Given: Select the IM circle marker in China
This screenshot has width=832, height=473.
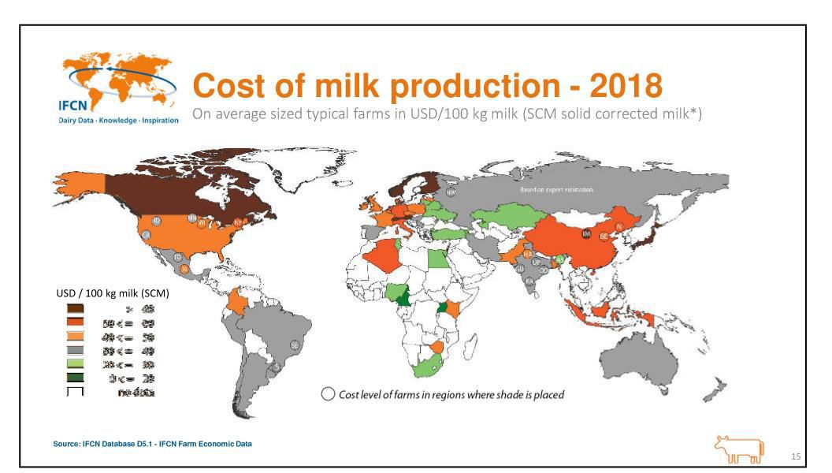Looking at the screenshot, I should (x=585, y=233).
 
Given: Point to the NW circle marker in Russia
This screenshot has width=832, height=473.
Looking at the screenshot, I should (x=451, y=192).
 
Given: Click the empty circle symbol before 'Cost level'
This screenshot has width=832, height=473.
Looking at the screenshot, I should (x=327, y=394).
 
